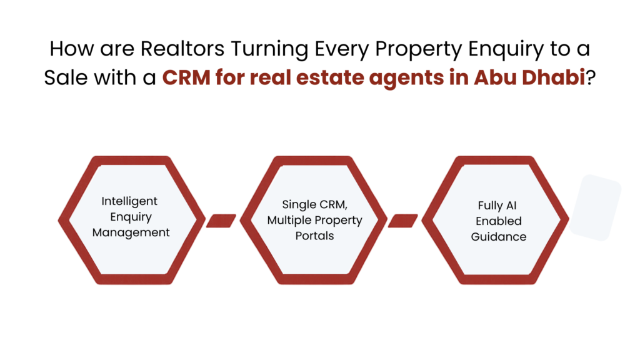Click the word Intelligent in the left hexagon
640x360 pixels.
pos(129,202)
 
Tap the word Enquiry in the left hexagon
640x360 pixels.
pos(131,217)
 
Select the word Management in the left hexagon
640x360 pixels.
pos(131,232)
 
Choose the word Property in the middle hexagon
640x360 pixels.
pos(338,220)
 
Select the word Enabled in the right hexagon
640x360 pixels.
pos(498,221)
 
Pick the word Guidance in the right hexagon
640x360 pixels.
pos(498,237)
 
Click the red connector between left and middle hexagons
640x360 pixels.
pos(221,220)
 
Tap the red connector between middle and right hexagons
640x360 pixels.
pos(403,220)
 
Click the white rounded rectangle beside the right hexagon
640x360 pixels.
pos(595,208)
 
